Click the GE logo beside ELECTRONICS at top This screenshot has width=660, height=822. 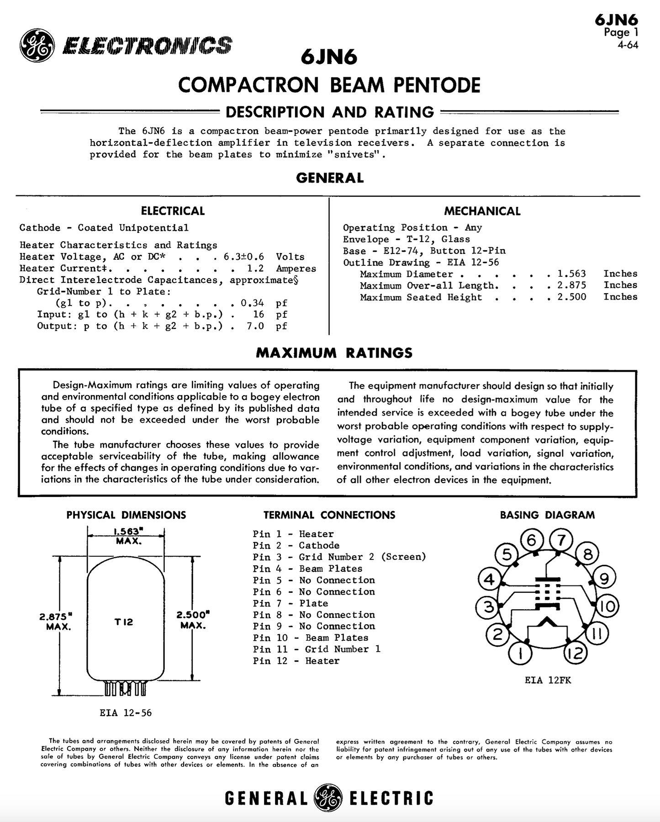pos(37,45)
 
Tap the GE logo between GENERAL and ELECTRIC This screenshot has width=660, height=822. pos(327,797)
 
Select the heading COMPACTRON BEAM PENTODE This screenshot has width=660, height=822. pos(329,85)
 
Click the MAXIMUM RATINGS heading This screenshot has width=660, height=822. pos(334,353)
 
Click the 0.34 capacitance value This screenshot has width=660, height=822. pos(252,303)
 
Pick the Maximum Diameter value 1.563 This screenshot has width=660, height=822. pos(572,274)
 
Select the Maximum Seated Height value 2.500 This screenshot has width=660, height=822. pos(572,297)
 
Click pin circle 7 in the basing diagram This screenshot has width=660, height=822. pos(561,540)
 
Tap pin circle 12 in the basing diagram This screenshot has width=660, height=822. pos(576,654)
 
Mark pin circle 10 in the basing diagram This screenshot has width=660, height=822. pos(607,606)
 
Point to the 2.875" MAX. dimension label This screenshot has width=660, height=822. pos(58,621)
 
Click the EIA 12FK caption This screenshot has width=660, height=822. pos(548,680)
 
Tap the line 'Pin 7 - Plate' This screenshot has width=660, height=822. pos(290,603)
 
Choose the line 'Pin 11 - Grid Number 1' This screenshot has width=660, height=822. pos(317,649)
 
